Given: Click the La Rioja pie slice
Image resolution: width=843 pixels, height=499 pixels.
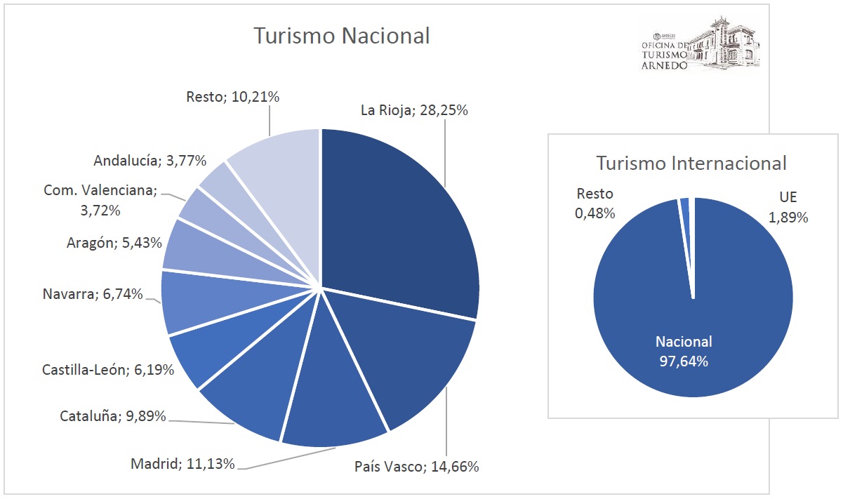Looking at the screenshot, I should [x=400, y=218].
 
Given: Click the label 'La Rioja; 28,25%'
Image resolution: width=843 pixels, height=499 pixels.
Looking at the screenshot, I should [x=414, y=110].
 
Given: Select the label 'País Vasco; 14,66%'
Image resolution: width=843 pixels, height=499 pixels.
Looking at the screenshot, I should [x=416, y=467].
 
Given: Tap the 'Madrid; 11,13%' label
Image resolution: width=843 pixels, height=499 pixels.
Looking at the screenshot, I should [x=182, y=463].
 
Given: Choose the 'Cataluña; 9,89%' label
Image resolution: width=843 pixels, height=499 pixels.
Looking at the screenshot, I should [x=112, y=416].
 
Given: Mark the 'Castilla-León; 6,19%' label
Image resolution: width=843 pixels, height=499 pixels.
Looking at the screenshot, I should [x=107, y=369].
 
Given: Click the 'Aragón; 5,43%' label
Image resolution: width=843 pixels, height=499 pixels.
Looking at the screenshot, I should [x=114, y=243].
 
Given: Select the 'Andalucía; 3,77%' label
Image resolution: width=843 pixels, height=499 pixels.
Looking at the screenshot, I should [x=150, y=161].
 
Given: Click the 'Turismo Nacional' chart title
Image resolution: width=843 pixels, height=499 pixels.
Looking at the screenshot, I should [x=341, y=36].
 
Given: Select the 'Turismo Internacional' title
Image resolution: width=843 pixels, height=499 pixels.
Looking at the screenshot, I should [x=691, y=163].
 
